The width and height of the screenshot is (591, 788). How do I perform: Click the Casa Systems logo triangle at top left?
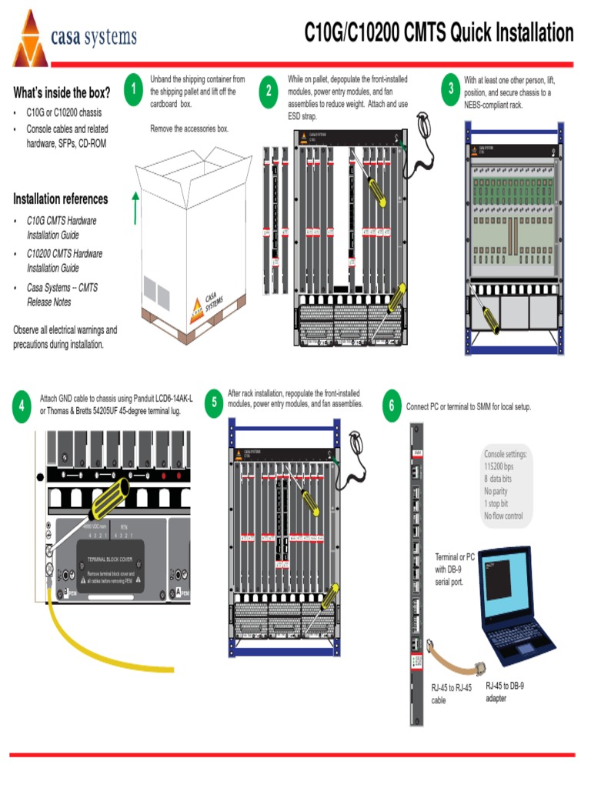point(29,39)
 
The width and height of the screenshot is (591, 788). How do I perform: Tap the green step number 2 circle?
point(269,90)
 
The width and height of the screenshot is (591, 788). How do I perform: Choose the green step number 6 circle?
point(392,406)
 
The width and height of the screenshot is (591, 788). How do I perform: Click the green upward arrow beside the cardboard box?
point(135,207)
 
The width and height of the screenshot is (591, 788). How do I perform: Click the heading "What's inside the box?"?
point(62,93)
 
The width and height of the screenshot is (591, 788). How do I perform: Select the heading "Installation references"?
point(60,199)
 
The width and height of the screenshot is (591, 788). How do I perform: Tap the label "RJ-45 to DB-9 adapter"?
point(505,691)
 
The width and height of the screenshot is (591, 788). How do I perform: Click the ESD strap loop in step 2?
point(424,125)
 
